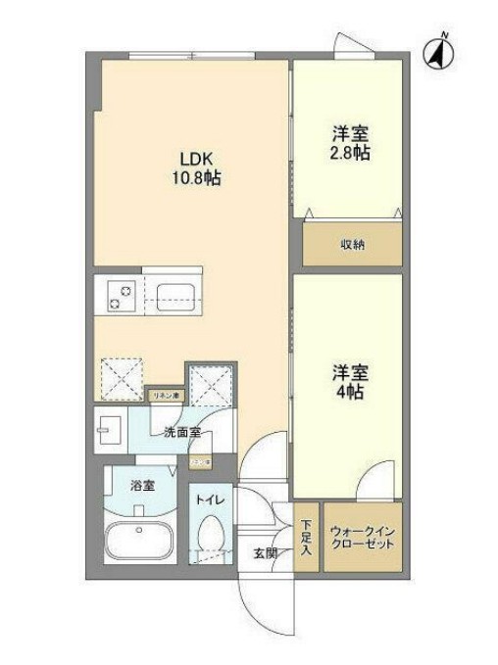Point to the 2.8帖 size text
pyautogui.click(x=348, y=155)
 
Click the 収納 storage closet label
pyautogui.click(x=352, y=244)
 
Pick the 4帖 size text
pyautogui.click(x=348, y=390)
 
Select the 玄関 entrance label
pyautogui.click(x=265, y=552)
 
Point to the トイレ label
pyautogui.click(x=211, y=501)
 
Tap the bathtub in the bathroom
pyautogui.click(x=139, y=542)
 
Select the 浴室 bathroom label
pyautogui.click(x=142, y=485)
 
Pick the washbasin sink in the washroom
pyautogui.click(x=109, y=429)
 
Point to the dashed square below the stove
pyautogui.click(x=122, y=379)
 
